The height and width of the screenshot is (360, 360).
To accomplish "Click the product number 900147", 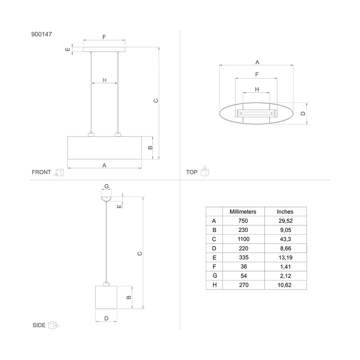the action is (41, 34).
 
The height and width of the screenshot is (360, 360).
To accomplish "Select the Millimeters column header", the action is (243, 212).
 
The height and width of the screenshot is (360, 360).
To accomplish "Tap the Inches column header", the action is (285, 212).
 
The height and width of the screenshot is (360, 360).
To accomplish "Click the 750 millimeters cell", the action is (243, 221).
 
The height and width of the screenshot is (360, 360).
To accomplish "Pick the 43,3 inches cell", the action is (285, 239).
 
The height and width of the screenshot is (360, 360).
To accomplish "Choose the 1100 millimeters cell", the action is (243, 239).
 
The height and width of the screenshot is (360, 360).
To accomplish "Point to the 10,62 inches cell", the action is (284, 285).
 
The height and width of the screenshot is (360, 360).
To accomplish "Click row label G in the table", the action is (215, 275).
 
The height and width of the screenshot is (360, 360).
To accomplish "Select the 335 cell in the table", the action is (244, 258).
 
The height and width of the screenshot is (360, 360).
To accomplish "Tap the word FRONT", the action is (41, 172).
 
